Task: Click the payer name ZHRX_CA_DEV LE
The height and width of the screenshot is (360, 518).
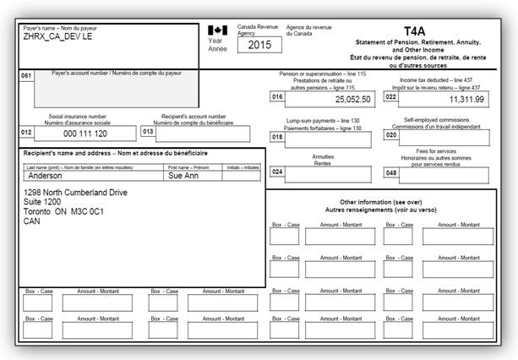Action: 57,36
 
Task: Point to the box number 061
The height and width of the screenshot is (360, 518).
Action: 26,75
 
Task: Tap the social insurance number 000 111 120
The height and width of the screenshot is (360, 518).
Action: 85,134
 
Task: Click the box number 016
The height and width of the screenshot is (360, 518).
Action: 277,97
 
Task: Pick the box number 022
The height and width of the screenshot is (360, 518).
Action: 390,97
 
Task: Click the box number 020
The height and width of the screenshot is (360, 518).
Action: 390,134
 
